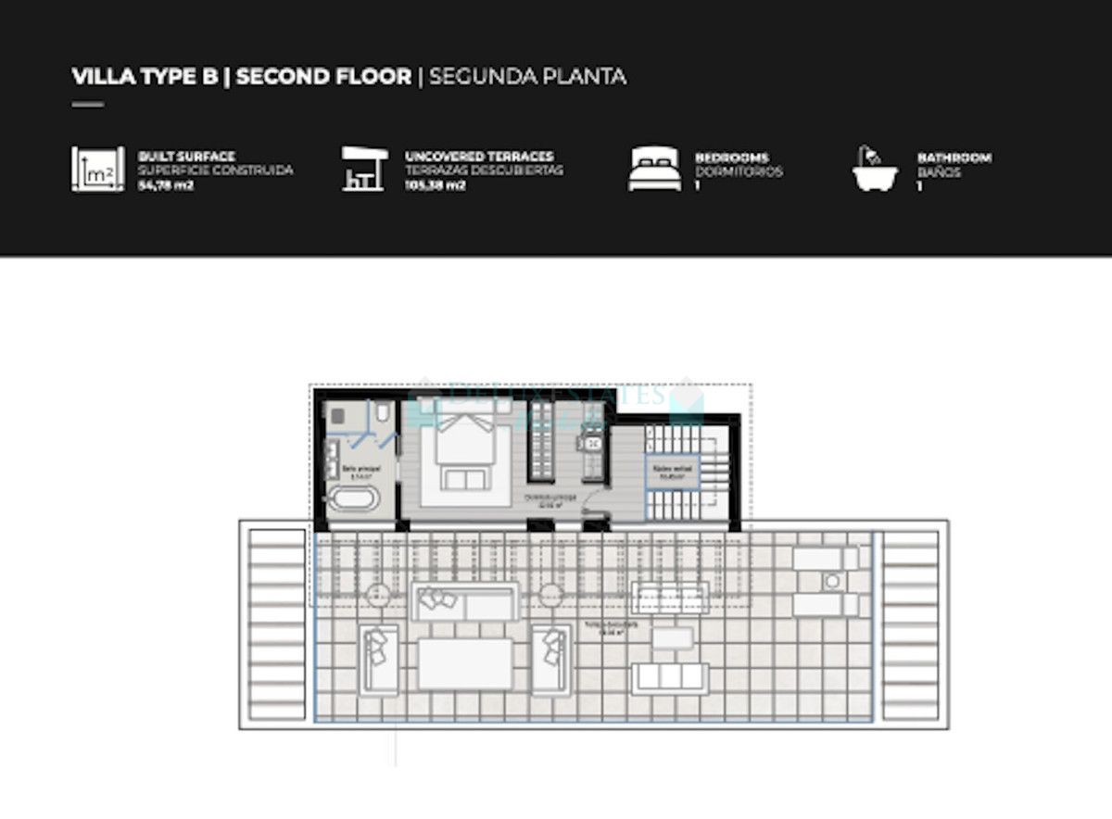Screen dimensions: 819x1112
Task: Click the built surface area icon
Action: [97, 170]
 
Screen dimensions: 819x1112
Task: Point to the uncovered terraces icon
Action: [362, 170]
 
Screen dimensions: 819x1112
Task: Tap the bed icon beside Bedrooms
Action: [654, 170]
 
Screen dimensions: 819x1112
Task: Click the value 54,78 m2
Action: [164, 185]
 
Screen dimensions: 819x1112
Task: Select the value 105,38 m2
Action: [435, 185]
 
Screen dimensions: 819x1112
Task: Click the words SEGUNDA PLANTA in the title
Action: [527, 76]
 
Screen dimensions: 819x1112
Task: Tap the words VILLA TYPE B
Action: [145, 76]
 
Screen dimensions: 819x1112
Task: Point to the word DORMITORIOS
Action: [739, 171]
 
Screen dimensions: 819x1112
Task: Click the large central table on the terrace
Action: [464, 663]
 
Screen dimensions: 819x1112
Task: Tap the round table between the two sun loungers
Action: [831, 582]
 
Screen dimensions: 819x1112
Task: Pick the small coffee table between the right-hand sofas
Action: [670, 638]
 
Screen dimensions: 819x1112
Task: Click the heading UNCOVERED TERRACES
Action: [479, 157]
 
